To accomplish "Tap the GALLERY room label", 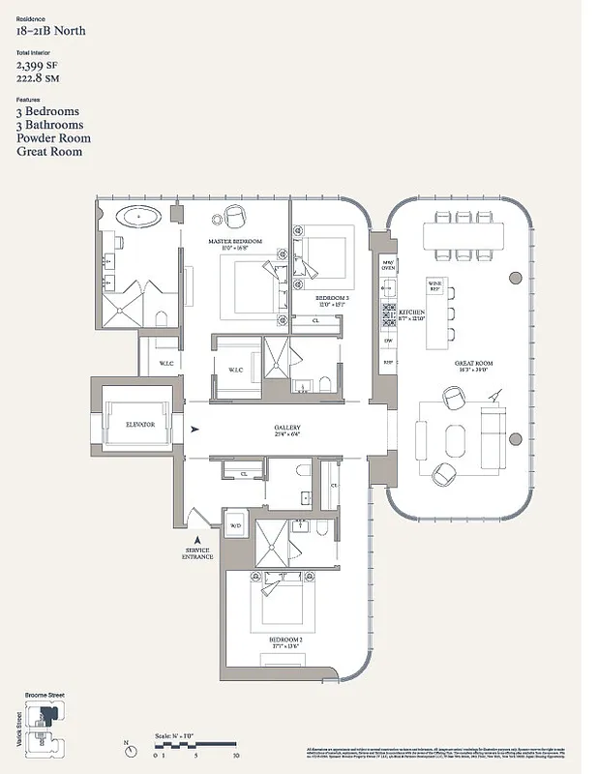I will pos(287,428).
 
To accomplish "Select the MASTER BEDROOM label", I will pos(235,241).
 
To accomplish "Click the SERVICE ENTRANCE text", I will pos(198,556).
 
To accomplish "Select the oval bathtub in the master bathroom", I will pos(141,215).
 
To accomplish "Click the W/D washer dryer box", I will pos(234,526).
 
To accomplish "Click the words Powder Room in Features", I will pos(49,138).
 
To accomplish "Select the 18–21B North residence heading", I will pos(50,31).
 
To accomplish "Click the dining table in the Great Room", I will pos(463,235).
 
